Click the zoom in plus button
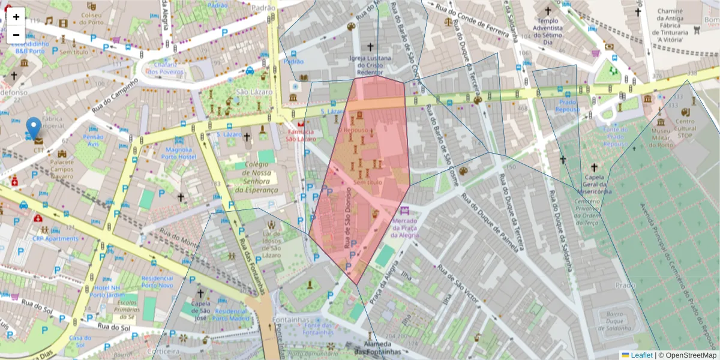16,17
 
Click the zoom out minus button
16,34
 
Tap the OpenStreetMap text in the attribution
691,355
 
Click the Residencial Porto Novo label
157,281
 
